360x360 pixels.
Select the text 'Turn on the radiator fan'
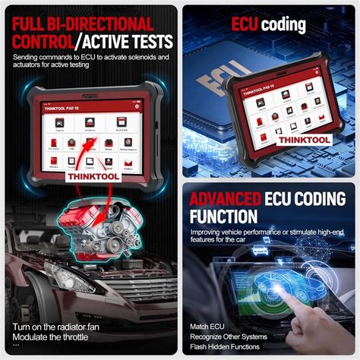tap(55, 327)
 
